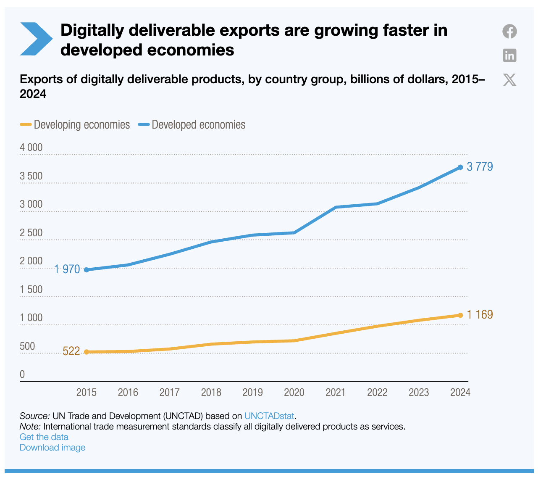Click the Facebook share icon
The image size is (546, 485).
pyautogui.click(x=509, y=32)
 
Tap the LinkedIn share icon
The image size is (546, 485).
pyautogui.click(x=509, y=55)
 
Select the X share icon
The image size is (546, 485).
pyautogui.click(x=509, y=79)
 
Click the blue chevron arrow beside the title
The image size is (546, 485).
pyautogui.click(x=36, y=39)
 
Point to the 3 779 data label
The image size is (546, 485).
pyautogui.click(x=480, y=167)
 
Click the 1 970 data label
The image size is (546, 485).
pyautogui.click(x=67, y=269)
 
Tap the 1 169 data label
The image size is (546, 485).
pyautogui.click(x=480, y=315)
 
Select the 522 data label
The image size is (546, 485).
pyautogui.click(x=71, y=351)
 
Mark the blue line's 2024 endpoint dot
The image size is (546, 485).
pyautogui.click(x=460, y=167)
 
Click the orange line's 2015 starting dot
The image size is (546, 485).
pyautogui.click(x=87, y=352)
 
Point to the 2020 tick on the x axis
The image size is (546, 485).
pyautogui.click(x=294, y=393)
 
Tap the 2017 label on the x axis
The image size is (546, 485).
pyautogui.click(x=169, y=393)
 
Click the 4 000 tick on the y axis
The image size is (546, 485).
pyautogui.click(x=31, y=148)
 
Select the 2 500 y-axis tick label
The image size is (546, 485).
pyautogui.click(x=31, y=233)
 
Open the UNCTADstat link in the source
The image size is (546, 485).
pyautogui.click(x=269, y=416)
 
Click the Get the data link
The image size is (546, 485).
pyautogui.click(x=44, y=437)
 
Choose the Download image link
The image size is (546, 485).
pyautogui.click(x=52, y=448)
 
